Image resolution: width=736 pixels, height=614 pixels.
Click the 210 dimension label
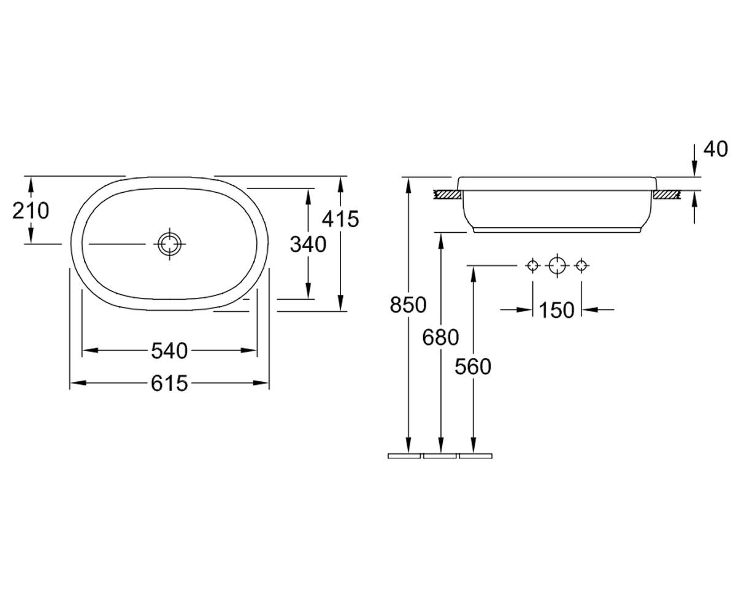tap(31, 211)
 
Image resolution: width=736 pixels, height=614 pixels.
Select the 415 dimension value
tap(340, 219)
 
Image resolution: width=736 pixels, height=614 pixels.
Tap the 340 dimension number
tap(308, 244)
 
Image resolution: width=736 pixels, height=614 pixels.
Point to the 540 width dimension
tap(169, 351)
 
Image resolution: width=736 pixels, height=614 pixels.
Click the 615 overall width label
tap(169, 383)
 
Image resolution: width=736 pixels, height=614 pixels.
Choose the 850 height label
tap(408, 305)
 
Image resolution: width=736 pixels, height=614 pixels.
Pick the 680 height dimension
tap(440, 337)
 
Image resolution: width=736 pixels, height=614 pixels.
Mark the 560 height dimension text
tap(473, 367)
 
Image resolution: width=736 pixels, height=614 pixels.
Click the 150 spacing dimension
tap(556, 310)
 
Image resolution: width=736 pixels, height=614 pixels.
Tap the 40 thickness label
tap(716, 149)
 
